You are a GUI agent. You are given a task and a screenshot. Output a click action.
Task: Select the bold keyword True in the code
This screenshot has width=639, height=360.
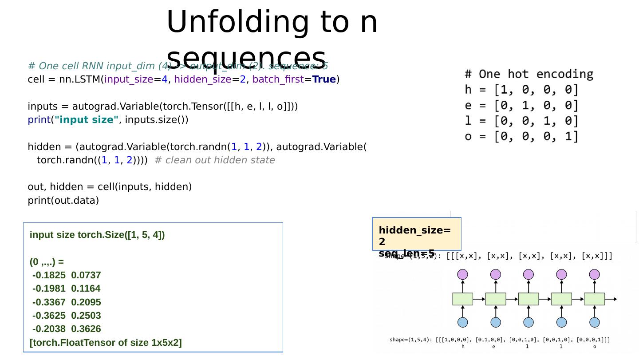(x=324, y=79)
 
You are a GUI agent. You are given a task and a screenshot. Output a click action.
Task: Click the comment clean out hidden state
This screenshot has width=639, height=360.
(x=215, y=160)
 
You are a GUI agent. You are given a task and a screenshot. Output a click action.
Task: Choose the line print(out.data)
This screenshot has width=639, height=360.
(x=63, y=200)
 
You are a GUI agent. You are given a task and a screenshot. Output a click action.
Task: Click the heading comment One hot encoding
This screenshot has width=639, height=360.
(x=529, y=74)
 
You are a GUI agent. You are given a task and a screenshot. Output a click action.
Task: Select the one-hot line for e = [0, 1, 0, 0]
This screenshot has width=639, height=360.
(x=521, y=105)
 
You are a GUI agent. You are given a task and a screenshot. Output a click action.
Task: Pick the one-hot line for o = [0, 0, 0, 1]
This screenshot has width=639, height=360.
(x=521, y=136)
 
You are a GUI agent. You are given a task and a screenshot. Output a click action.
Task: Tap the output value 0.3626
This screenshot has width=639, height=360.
(x=86, y=329)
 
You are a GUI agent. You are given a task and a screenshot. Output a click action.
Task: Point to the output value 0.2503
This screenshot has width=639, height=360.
(x=86, y=316)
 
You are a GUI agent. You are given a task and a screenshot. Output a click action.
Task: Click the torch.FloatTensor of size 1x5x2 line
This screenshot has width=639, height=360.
(x=106, y=343)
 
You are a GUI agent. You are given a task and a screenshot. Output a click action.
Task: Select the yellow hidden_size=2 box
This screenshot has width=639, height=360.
(x=416, y=234)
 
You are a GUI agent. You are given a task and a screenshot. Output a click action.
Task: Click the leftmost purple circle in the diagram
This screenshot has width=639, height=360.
(x=462, y=274)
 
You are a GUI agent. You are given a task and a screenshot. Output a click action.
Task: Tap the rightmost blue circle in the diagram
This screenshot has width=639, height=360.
(x=595, y=322)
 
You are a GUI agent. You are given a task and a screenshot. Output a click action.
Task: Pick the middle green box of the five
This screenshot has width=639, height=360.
(x=529, y=299)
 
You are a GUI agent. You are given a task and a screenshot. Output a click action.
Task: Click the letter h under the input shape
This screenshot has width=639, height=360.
(x=463, y=347)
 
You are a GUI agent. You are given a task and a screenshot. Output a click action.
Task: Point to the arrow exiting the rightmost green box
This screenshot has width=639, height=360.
(x=611, y=299)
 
